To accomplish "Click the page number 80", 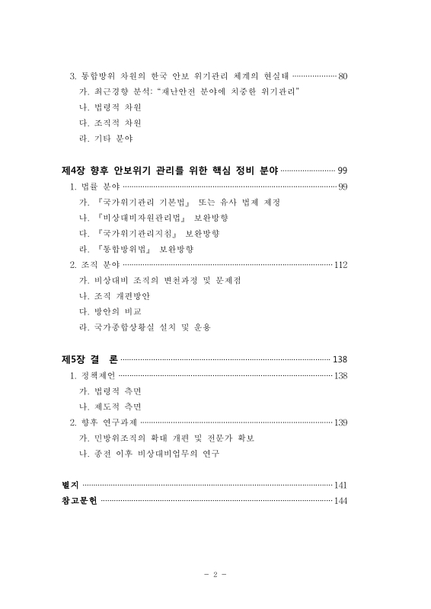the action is tap(343, 76).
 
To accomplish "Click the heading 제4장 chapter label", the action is tap(72, 169).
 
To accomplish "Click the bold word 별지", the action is tap(70, 484).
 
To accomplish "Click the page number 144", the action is tap(340, 500).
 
